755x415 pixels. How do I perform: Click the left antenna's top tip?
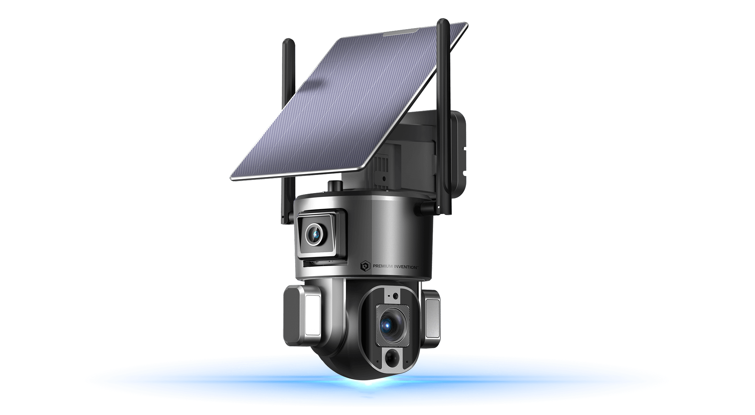tap(289, 41)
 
